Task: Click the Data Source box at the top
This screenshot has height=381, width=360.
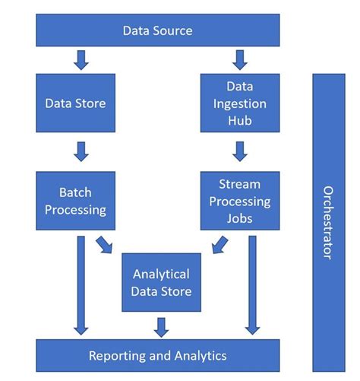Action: (158, 31)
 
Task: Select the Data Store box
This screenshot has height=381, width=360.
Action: (75, 103)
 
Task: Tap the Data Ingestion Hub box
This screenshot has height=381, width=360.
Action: (239, 103)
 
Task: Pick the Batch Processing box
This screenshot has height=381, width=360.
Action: (75, 201)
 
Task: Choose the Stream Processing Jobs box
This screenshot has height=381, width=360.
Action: (239, 201)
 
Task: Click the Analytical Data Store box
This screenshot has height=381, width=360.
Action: (161, 282)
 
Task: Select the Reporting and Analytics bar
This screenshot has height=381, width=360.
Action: (158, 356)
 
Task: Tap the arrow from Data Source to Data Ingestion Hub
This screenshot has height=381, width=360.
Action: (240, 59)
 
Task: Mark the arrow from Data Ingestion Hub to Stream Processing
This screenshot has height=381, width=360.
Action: (240, 151)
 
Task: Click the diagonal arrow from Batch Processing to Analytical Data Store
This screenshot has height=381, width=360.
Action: (105, 244)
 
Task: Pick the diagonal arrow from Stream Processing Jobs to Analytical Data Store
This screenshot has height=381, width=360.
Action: (219, 244)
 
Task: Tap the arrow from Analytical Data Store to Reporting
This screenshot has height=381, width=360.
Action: (161, 325)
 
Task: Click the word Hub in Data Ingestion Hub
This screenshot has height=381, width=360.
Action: (239, 119)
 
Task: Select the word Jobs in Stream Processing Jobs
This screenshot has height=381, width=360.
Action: (239, 219)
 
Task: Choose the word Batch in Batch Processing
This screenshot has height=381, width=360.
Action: (75, 192)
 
